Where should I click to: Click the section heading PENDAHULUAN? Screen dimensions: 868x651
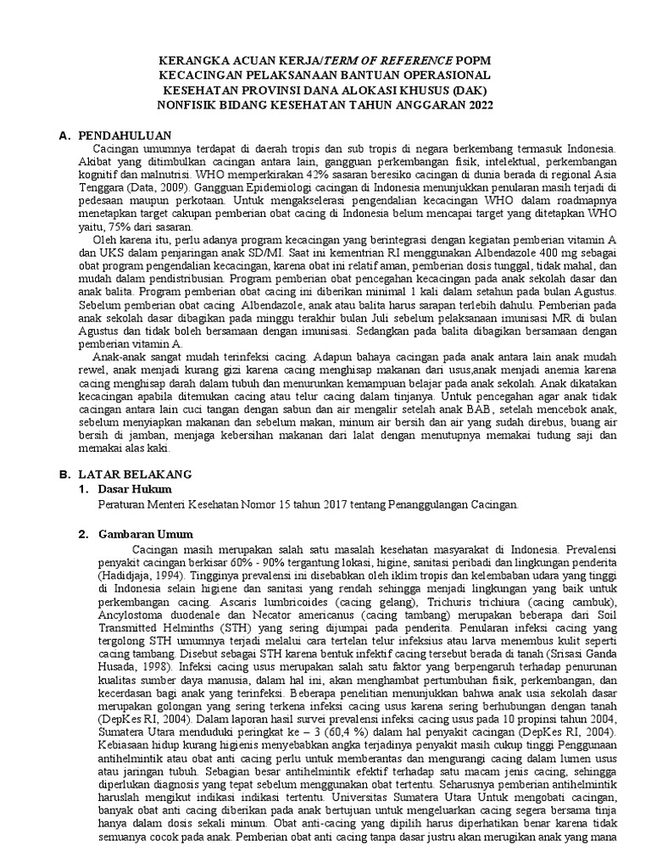[x=125, y=136]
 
